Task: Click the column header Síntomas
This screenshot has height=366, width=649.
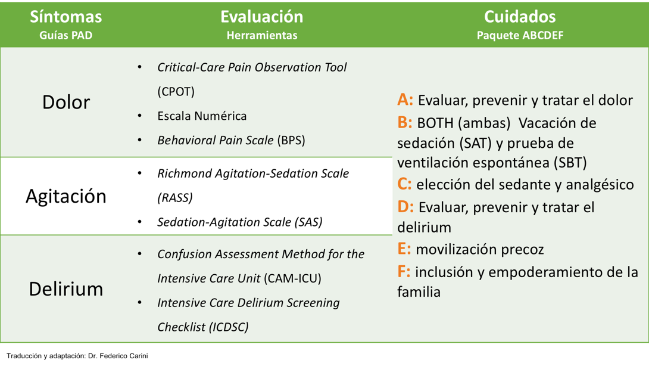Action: tap(66, 17)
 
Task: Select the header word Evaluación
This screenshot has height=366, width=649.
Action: tap(261, 17)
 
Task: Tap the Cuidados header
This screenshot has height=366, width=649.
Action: tap(520, 17)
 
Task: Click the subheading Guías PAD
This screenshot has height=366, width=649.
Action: tap(66, 35)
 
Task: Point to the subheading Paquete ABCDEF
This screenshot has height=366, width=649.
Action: tap(520, 35)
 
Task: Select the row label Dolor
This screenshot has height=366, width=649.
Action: tap(66, 102)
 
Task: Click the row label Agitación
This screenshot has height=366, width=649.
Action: tap(66, 196)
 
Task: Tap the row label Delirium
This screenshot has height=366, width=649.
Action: tap(66, 289)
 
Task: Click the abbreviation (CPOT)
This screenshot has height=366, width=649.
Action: tap(176, 92)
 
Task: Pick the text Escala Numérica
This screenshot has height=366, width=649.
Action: tap(202, 116)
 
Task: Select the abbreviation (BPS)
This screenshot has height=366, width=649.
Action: tap(291, 140)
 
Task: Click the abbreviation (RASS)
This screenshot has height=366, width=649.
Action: tap(175, 198)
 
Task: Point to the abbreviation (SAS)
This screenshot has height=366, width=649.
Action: tap(308, 222)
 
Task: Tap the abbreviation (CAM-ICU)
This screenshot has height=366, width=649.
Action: tap(292, 278)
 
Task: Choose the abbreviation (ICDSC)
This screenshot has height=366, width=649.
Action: tap(229, 327)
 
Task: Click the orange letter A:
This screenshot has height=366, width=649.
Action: tap(405, 100)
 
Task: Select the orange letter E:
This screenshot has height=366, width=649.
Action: tap(404, 249)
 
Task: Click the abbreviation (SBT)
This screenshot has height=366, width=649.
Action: tap(570, 163)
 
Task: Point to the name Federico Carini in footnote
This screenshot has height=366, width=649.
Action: tap(124, 356)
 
